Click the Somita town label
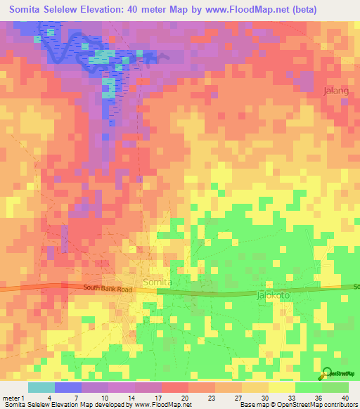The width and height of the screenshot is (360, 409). tap(157, 282)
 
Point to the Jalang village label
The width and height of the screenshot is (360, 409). tap(335, 91)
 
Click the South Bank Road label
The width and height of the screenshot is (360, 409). tap(108, 288)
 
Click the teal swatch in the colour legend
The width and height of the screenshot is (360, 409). tap(41, 387)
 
